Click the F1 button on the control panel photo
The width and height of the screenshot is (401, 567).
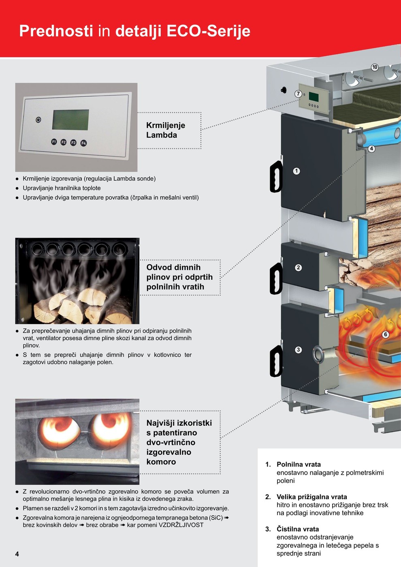click(x=54, y=141)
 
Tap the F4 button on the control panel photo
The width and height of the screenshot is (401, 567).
click(x=83, y=143)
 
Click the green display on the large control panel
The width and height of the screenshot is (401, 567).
click(x=70, y=119)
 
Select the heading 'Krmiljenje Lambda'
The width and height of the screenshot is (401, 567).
click(x=166, y=130)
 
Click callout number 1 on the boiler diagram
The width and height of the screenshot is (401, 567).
click(x=296, y=171)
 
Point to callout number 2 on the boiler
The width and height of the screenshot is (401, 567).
click(x=299, y=267)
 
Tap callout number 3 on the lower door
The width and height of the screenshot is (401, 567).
click(x=299, y=350)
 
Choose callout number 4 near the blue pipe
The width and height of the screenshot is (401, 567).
click(x=371, y=149)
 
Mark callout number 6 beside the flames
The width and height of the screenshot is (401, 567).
click(x=386, y=335)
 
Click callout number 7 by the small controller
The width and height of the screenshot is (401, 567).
click(x=299, y=94)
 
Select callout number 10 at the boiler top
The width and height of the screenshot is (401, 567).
click(x=375, y=67)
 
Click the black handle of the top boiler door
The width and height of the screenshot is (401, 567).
click(x=276, y=177)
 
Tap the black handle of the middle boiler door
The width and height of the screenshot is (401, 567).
click(x=276, y=279)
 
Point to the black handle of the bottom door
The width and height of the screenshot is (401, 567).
click(x=276, y=361)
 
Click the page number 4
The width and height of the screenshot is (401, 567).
click(x=17, y=554)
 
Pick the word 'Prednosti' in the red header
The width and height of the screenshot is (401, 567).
click(x=56, y=31)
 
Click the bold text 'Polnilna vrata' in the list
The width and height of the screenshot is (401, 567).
click(x=299, y=465)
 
